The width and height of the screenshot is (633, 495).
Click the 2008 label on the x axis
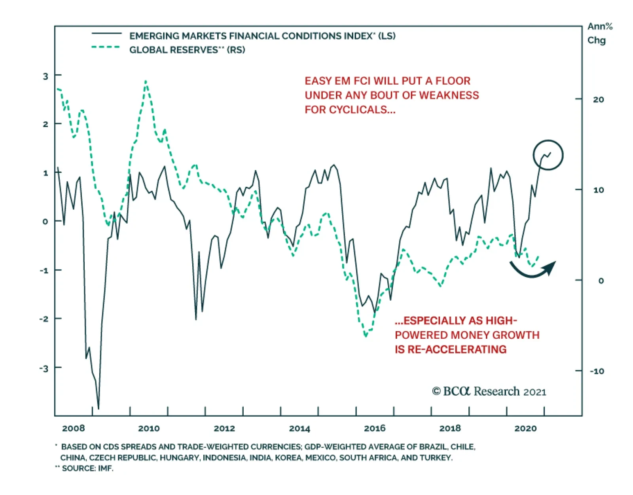(x=74, y=428)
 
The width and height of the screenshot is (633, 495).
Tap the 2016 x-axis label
(x=375, y=428)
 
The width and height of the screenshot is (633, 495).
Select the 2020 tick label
(x=525, y=428)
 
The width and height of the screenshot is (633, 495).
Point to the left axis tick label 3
(x=45, y=76)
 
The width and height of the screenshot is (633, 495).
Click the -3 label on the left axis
(x=44, y=368)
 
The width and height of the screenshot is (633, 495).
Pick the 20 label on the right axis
(x=598, y=99)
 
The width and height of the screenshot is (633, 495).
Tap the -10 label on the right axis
(x=597, y=371)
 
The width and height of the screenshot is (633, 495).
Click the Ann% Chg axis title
(x=599, y=33)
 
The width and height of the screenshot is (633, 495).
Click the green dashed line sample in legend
(x=106, y=47)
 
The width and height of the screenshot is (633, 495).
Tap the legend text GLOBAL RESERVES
(x=173, y=50)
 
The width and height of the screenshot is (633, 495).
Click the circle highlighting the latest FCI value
(x=548, y=155)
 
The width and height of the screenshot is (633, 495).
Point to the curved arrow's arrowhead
(x=551, y=267)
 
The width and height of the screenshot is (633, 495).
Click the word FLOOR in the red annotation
(x=453, y=81)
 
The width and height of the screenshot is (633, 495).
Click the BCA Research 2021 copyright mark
(x=489, y=391)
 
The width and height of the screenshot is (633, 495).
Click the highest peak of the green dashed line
(x=146, y=81)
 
